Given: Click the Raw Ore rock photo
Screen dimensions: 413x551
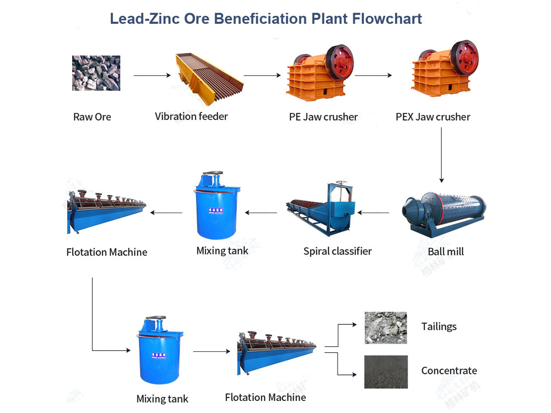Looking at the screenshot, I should tap(96, 73).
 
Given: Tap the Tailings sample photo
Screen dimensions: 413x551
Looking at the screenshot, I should tap(386, 328).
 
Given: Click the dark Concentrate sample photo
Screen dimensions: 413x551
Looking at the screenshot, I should tap(386, 372).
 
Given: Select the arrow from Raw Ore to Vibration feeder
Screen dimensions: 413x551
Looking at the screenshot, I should tap(153, 75).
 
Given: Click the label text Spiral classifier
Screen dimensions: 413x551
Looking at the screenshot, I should tap(337, 251).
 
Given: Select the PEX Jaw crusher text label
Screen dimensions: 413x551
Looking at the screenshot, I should tap(433, 117).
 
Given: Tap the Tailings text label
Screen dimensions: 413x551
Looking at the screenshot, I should tap(439, 327).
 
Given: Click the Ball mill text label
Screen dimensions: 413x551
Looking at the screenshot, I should tap(445, 252).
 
